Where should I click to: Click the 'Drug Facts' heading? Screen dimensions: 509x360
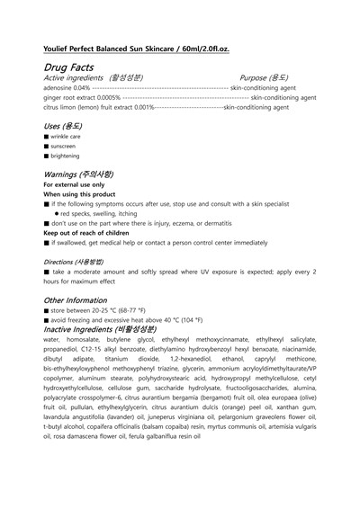tap(71, 67)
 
